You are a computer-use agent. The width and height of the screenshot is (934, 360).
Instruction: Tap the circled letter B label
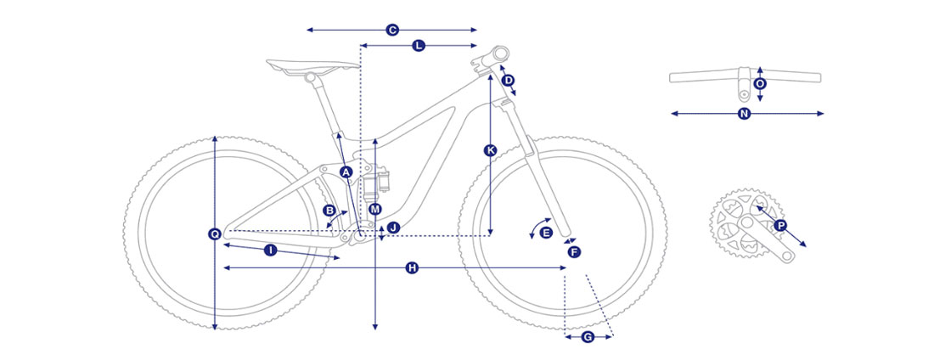(x=329, y=210)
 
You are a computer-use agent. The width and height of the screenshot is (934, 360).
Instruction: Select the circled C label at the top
(x=392, y=30)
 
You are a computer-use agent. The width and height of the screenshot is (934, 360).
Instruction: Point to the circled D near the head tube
(x=508, y=80)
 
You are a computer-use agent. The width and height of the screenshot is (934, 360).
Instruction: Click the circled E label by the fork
(x=546, y=233)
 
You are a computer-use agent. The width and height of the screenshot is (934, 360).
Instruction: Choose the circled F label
(x=574, y=252)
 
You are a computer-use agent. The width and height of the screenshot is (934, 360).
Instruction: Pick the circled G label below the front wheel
(x=588, y=337)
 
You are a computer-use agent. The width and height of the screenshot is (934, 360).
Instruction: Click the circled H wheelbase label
(x=412, y=268)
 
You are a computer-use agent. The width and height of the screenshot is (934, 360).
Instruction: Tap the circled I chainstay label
(x=270, y=251)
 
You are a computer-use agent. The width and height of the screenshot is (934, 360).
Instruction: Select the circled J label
(x=392, y=228)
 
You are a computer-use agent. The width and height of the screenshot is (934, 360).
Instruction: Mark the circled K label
(x=490, y=151)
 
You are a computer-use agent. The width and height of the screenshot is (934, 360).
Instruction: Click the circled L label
(x=418, y=45)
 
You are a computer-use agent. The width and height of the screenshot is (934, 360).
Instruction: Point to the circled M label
(x=374, y=209)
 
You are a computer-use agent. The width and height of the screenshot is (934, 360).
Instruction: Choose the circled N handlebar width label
(x=744, y=114)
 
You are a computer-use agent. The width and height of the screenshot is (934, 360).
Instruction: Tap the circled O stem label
(x=759, y=84)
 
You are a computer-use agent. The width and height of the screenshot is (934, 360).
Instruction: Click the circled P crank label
(x=780, y=225)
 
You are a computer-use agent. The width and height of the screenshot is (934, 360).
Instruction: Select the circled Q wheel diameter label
(x=215, y=234)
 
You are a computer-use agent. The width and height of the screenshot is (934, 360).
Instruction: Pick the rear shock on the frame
(x=376, y=181)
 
